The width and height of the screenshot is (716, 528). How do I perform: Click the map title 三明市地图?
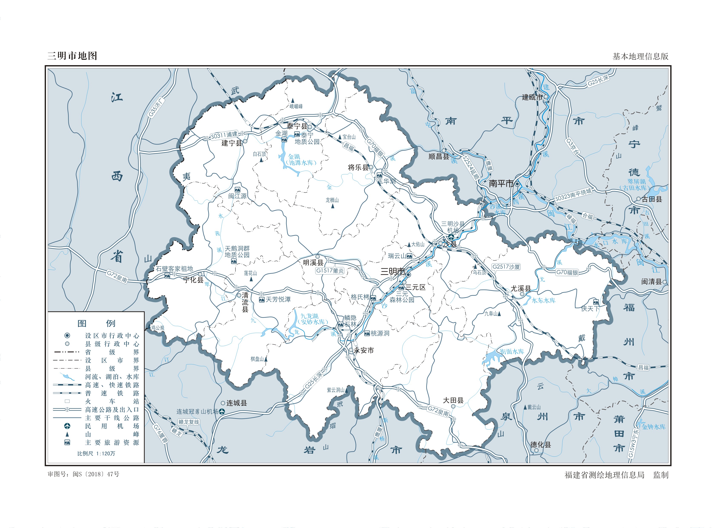[72, 56]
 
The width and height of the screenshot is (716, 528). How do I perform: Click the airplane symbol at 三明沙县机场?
[451, 237]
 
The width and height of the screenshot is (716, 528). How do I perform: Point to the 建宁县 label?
[231, 143]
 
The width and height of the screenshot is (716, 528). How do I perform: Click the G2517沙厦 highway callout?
[506, 267]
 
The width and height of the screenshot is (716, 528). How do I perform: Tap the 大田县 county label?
[453, 400]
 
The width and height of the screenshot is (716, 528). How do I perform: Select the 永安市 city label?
[364, 350]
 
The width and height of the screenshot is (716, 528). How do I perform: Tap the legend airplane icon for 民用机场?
[67, 426]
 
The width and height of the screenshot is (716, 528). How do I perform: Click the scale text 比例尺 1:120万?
[96, 453]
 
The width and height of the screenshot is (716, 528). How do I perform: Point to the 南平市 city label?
[501, 184]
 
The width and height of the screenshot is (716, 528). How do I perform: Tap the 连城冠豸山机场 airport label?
[197, 412]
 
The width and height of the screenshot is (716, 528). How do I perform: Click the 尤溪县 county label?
[521, 288]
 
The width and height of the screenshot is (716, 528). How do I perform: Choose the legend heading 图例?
[96, 323]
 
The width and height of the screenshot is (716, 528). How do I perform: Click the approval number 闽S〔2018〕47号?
[96, 474]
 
